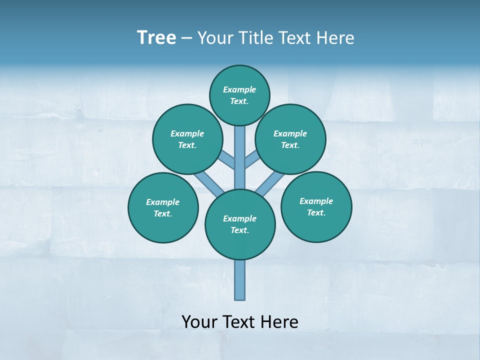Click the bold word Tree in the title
pos(156,37)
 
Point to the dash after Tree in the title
pos(186,38)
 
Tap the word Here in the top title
pos(336,38)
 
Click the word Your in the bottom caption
pos(199,322)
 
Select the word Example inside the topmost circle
pos(239,89)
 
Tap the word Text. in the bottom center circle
pos(239,230)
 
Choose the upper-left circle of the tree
pos(187,139)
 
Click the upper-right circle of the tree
pos(290,139)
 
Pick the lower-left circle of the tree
pos(163,207)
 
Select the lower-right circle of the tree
pos(316,206)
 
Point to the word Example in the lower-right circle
pos(316,201)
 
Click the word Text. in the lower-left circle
pos(163,214)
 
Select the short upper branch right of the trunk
pos(251,158)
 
